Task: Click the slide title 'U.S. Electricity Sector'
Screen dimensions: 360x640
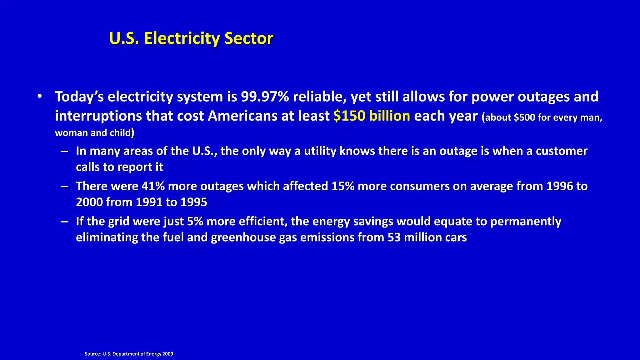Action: point(191,38)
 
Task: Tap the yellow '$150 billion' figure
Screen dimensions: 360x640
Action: point(372,116)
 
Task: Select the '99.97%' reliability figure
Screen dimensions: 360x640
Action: point(265,97)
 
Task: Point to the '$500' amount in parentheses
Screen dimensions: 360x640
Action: point(524,117)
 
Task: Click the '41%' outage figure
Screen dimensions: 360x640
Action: point(153,186)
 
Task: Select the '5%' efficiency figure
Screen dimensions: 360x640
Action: point(195,222)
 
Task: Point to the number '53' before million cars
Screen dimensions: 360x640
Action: point(394,237)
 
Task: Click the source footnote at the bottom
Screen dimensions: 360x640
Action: point(129,354)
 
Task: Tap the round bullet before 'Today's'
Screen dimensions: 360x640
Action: point(39,96)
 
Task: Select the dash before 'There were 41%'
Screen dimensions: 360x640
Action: point(65,187)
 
